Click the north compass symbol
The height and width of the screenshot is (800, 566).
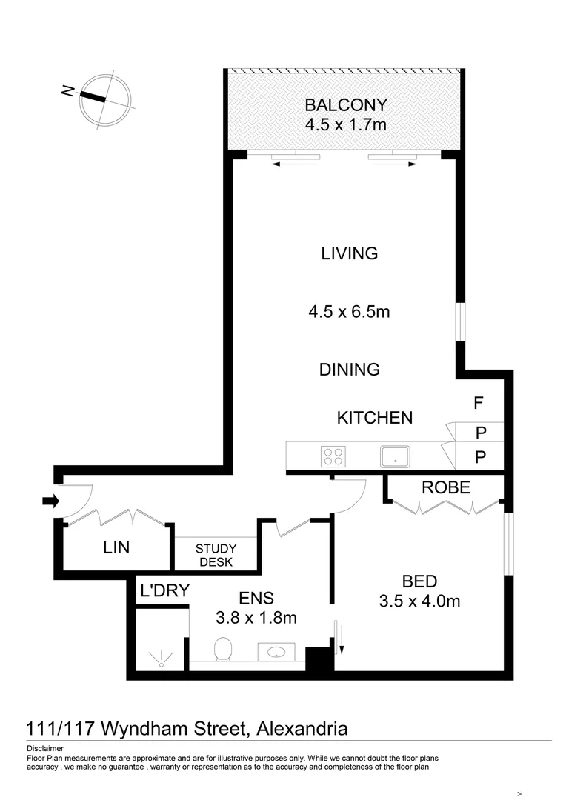pyautogui.click(x=106, y=101)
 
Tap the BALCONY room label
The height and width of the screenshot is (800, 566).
pyautogui.click(x=345, y=104)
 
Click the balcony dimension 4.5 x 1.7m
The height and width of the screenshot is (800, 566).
pyautogui.click(x=345, y=124)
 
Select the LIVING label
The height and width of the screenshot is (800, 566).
pyautogui.click(x=350, y=253)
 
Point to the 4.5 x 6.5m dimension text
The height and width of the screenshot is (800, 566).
pyautogui.click(x=349, y=312)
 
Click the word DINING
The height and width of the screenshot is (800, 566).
pyautogui.click(x=350, y=369)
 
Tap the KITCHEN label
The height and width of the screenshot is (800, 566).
pyautogui.click(x=375, y=418)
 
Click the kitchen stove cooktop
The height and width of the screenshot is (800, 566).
pyautogui.click(x=333, y=456)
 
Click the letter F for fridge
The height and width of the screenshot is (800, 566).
pyautogui.click(x=479, y=404)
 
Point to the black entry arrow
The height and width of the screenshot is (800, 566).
pyautogui.click(x=50, y=501)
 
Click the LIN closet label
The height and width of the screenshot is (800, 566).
pyautogui.click(x=116, y=547)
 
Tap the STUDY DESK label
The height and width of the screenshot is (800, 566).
pyautogui.click(x=215, y=555)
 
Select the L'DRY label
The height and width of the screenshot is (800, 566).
pyautogui.click(x=164, y=590)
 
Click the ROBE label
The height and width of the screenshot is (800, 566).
pyautogui.click(x=446, y=487)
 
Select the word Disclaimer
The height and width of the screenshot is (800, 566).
pyautogui.click(x=44, y=748)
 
